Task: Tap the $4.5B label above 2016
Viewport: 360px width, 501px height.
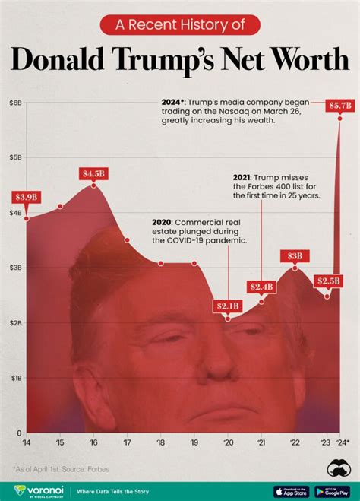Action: tap(94, 173)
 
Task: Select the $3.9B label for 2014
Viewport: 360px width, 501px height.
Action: tap(27, 197)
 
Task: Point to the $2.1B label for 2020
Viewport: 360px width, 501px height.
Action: tap(228, 306)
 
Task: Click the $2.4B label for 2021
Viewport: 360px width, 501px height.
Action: tap(261, 287)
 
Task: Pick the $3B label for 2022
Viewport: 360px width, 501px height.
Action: tap(295, 256)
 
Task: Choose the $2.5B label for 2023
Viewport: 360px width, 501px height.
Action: tap(327, 281)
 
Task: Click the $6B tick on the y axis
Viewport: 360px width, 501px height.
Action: tap(15, 103)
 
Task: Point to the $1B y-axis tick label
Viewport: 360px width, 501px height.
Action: tap(15, 378)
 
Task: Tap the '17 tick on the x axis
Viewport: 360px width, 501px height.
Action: tap(128, 442)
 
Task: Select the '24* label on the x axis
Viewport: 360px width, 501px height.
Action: tap(343, 442)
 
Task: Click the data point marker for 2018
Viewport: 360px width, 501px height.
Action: tap(161, 263)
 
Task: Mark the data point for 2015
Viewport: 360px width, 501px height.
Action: tap(61, 206)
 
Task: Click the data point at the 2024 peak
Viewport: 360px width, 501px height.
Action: tap(339, 118)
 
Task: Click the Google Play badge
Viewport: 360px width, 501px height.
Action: tap(332, 491)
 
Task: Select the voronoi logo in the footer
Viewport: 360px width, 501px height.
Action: tap(33, 491)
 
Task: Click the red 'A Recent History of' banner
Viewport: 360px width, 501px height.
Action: tap(180, 24)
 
